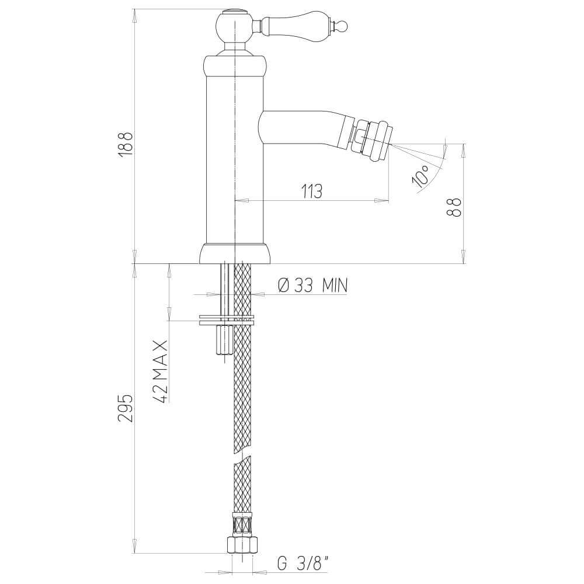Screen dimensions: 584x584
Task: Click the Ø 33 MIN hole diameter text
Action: (x=312, y=285)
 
